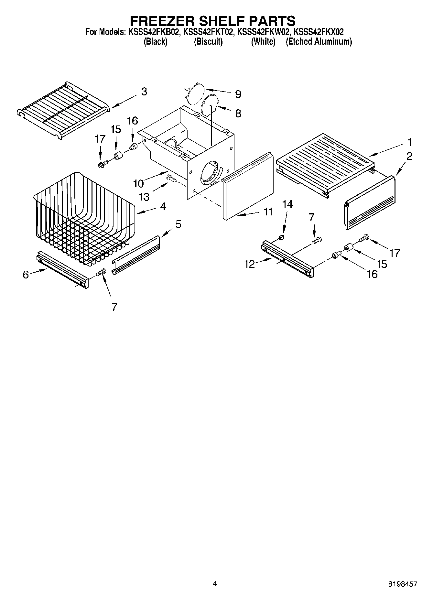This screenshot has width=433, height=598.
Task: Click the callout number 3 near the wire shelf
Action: point(144,92)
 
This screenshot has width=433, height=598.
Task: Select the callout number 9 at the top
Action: point(238,94)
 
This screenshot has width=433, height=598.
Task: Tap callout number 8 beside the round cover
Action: point(238,114)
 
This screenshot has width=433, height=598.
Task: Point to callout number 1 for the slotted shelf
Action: point(409,142)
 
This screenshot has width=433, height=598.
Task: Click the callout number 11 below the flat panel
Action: point(268,212)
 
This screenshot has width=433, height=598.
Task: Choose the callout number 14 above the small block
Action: point(287,204)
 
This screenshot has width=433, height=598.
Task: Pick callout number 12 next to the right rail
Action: point(250,265)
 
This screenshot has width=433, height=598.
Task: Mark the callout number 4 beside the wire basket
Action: point(163,206)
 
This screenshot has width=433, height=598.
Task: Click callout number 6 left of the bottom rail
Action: point(26,275)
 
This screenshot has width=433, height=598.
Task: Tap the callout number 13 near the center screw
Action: point(144,197)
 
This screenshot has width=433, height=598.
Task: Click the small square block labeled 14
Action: point(281,238)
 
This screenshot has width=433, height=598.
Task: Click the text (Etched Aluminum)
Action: point(319,41)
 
